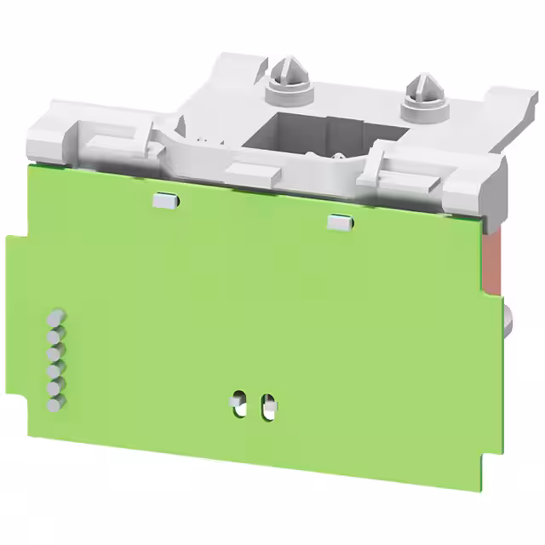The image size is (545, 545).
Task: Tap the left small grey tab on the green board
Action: point(166,200)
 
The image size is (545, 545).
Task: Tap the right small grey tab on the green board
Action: point(338,221)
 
